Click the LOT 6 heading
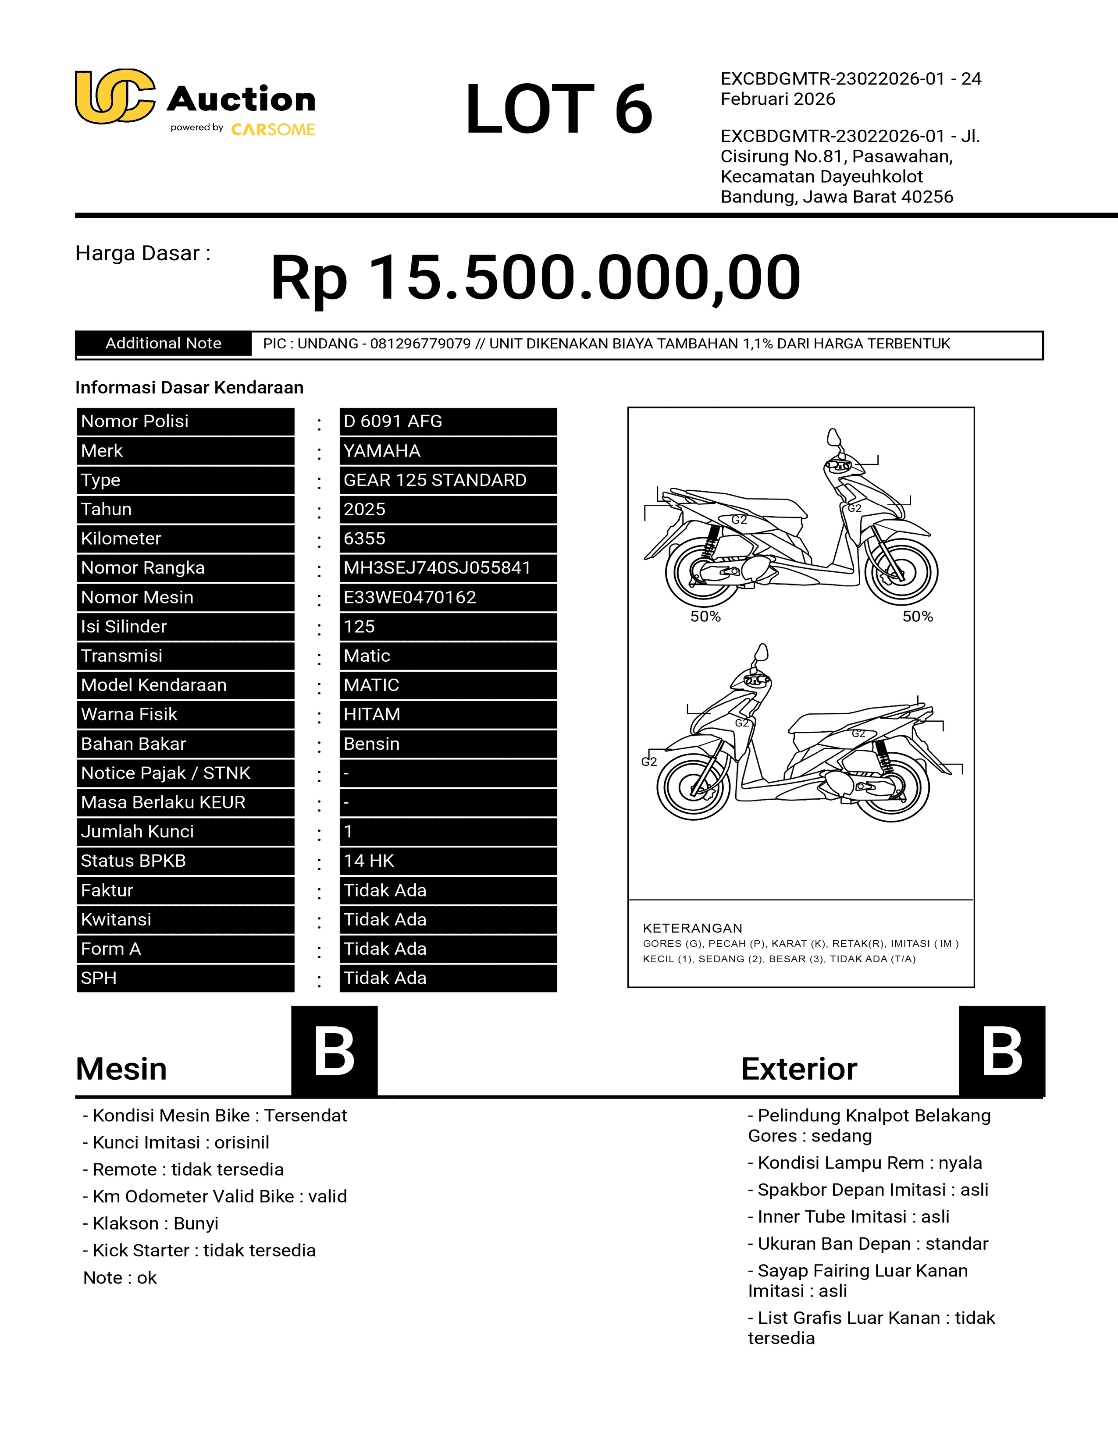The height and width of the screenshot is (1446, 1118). (x=558, y=109)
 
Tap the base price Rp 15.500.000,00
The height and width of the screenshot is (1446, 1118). (x=535, y=277)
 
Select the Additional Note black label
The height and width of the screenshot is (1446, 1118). (x=164, y=344)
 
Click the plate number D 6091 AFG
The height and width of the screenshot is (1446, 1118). (x=393, y=422)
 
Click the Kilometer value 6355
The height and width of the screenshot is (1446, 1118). (x=364, y=539)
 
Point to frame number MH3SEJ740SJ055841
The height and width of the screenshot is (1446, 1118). (x=437, y=568)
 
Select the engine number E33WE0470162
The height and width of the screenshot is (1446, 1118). (x=409, y=597)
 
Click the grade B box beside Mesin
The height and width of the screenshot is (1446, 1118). (x=335, y=1051)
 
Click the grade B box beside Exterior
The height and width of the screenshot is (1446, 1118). (x=1001, y=1051)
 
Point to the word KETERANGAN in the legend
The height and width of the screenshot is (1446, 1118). (x=692, y=928)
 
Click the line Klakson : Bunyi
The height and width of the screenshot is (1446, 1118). (x=151, y=1223)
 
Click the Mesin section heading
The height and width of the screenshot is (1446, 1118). (x=121, y=1069)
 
